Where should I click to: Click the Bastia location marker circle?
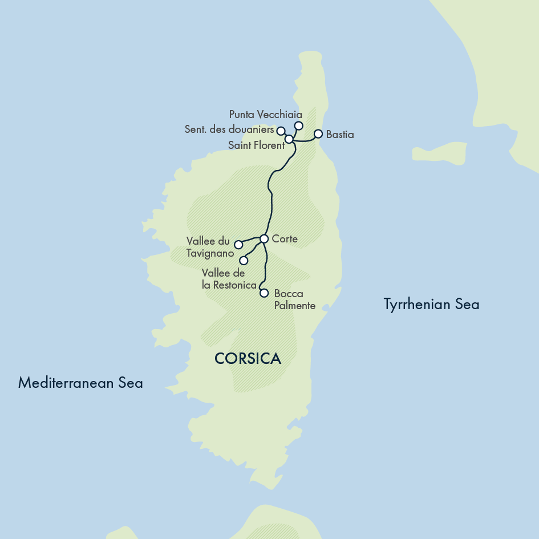pos(318,134)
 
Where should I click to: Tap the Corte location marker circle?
pos(264,238)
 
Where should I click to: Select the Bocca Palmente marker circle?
pos(264,293)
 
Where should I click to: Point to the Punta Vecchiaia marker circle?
pos(298,125)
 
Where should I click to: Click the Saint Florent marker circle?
pos(289,139)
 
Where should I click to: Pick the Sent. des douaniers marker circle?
pos(281,131)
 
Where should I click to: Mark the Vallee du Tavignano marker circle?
pos(238,245)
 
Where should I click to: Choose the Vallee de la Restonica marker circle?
pos(244,261)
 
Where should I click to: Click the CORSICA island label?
pos(248,358)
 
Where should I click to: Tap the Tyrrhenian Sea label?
pos(431,305)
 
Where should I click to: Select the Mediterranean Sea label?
pos(80,382)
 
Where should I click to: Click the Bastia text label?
pos(340,135)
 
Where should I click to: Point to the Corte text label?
pos(285,239)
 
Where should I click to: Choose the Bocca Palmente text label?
pos(294,300)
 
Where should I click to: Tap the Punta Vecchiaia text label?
pos(265,115)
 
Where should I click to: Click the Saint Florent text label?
pos(256,145)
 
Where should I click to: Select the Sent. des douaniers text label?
pos(229,129)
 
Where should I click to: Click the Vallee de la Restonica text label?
pos(229,279)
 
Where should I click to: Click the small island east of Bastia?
pos(439,153)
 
